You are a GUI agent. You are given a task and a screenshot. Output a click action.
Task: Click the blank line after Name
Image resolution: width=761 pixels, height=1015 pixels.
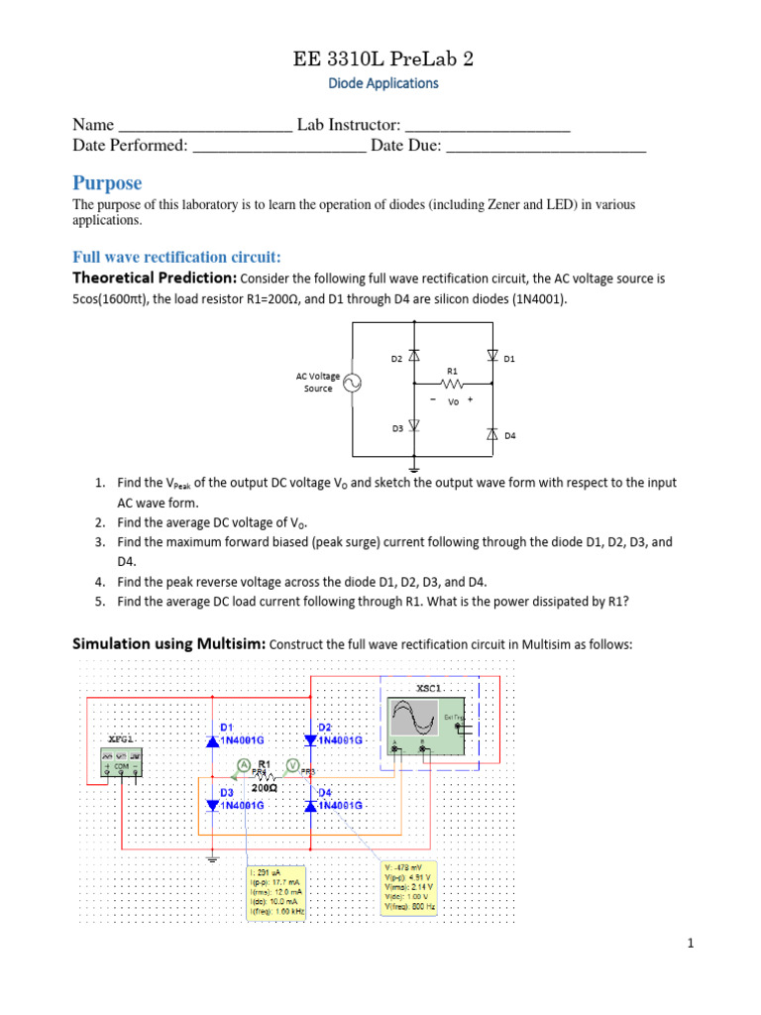(205, 126)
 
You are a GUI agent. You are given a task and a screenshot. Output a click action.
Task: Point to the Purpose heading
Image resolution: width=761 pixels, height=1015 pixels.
(107, 183)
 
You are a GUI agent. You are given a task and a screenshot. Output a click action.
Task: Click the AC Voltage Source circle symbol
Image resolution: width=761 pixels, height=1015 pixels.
(352, 384)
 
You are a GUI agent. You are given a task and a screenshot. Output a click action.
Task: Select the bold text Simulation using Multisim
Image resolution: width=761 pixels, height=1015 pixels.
(168, 644)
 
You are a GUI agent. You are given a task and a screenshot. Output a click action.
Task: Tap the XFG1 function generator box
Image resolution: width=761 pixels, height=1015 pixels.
(123, 761)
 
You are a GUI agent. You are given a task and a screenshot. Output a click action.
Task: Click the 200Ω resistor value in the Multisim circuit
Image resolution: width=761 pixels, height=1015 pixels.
(264, 789)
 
